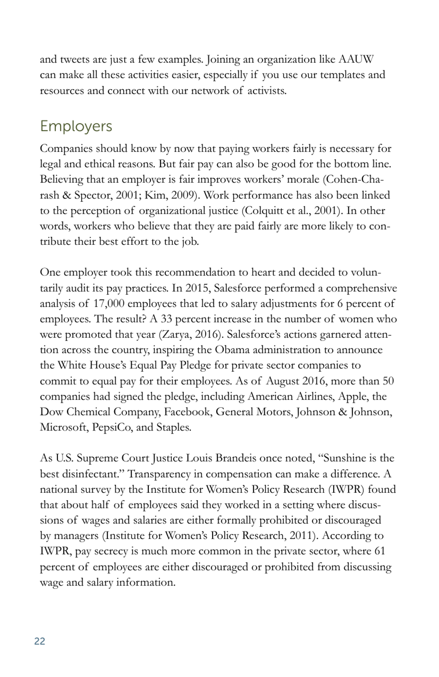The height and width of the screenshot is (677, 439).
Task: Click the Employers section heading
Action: (76, 126)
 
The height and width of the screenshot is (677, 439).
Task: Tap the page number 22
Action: (40, 641)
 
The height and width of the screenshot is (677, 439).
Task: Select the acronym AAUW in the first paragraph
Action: (356, 60)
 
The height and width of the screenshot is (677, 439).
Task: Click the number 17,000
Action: (109, 303)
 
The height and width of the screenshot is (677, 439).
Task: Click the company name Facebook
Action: (188, 411)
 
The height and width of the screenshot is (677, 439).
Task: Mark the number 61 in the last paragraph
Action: (379, 551)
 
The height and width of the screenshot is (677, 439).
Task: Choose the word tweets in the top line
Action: (75, 60)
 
